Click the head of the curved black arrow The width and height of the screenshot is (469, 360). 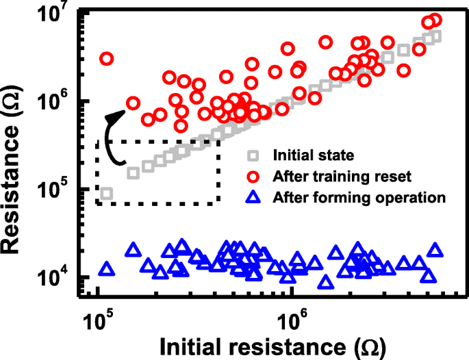click(112, 117)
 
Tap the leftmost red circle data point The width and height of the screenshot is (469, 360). click(106, 59)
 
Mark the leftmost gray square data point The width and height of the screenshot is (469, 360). click(106, 194)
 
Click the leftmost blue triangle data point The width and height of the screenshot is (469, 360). click(105, 269)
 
